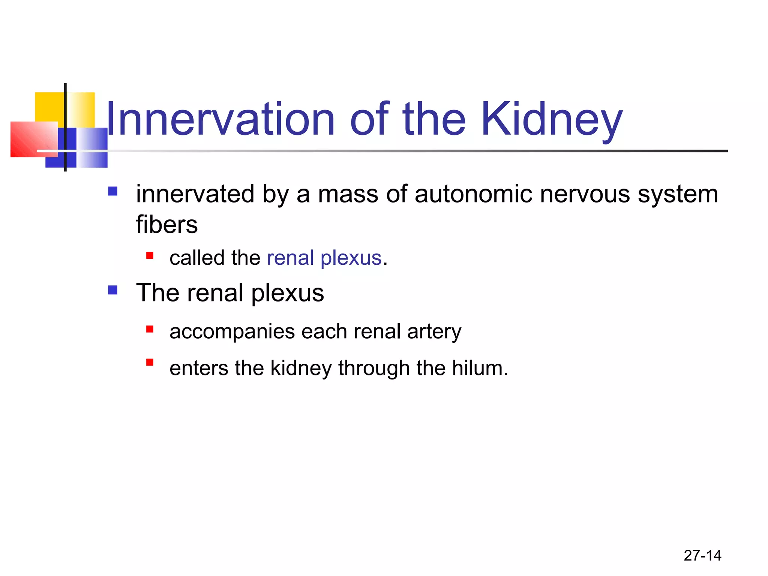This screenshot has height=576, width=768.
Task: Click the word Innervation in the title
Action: tap(220, 119)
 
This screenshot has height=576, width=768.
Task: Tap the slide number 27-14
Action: tap(702, 555)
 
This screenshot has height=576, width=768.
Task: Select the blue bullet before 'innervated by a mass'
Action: tap(112, 192)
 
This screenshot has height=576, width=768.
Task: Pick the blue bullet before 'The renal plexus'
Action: tap(112, 290)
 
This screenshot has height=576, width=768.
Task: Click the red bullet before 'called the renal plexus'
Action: tap(150, 256)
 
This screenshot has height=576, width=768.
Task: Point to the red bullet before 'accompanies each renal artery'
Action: tap(150, 329)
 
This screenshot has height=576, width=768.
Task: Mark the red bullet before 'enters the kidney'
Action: tap(150, 362)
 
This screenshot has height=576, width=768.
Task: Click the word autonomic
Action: tap(473, 194)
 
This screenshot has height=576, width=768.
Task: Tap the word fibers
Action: tap(166, 225)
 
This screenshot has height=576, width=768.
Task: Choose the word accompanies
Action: tap(232, 332)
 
